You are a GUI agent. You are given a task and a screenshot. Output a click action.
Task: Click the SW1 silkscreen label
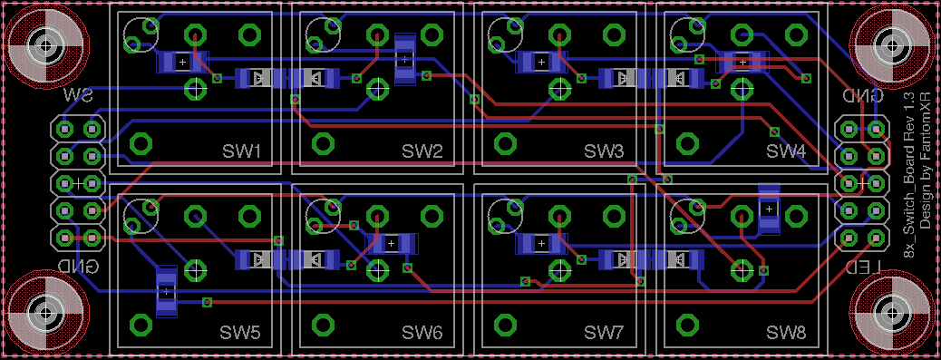[241, 152]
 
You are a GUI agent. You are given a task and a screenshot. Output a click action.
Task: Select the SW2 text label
[422, 152]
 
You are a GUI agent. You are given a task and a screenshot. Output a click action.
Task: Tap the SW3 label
[605, 152]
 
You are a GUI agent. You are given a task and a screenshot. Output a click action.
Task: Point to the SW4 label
[787, 152]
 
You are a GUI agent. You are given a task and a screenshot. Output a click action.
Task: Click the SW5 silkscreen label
[240, 332]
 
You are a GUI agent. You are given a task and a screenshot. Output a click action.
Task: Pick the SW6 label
[422, 332]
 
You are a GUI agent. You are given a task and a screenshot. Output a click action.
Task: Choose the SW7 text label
[605, 332]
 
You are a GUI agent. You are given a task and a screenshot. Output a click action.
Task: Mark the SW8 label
[787, 332]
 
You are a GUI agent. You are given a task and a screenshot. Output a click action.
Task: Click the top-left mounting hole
[46, 45]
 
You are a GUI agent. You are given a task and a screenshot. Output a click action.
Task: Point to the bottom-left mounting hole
[46, 314]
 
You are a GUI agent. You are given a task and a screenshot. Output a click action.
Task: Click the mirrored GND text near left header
[78, 266]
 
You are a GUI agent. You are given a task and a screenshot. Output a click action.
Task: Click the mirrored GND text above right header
[863, 96]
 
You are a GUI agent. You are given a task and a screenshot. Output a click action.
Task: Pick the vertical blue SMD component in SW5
[166, 292]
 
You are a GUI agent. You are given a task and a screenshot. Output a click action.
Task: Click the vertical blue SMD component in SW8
[769, 209]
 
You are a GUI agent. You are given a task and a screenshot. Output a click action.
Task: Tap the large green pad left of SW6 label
[324, 325]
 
